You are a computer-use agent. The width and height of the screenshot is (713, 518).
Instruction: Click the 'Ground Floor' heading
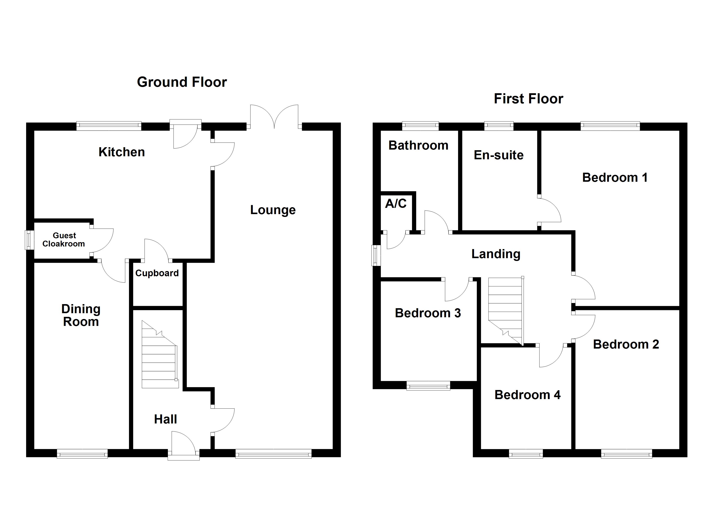182,82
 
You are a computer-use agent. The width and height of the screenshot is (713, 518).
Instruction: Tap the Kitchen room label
122,152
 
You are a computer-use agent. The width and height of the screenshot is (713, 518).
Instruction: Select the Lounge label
273,210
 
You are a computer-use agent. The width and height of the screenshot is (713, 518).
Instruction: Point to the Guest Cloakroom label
64,240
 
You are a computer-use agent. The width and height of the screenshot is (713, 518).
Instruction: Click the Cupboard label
157,273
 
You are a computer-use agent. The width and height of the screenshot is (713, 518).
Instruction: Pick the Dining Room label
81,315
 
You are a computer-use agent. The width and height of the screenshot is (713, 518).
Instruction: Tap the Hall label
165,419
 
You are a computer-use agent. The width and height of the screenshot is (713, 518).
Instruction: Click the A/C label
396,204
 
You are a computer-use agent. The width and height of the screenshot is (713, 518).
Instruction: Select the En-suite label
499,155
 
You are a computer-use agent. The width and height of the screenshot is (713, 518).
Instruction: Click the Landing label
496,254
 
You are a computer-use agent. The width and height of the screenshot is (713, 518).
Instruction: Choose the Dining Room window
82,453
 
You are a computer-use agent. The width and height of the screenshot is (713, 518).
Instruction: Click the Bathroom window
420,126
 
